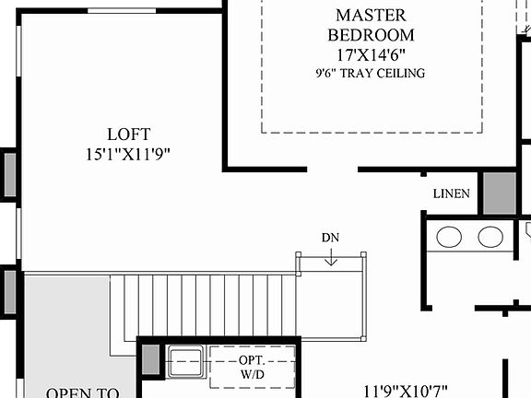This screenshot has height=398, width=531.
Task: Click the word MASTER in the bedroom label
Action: pos(372,15)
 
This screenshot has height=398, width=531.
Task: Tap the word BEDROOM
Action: pos(372,35)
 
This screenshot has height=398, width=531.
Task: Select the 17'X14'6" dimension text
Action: pos(372,54)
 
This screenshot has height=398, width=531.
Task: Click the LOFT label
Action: pos(128,135)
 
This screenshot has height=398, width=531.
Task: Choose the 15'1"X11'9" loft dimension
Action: pos(128,154)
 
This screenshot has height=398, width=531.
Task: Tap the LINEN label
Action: pos(452,194)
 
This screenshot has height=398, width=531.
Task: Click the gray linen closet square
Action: pos(500,193)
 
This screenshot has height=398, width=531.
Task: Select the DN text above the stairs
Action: pos(331,238)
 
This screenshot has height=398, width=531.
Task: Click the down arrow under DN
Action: pos(331,259)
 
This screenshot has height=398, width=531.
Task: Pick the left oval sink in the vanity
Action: pos(449,237)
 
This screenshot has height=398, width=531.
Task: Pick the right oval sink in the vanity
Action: pos(490,237)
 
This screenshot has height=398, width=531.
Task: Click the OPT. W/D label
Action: pos(253,366)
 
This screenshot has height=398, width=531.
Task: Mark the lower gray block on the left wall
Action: pos(9,289)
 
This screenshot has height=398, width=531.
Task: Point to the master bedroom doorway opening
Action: pos(332,170)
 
